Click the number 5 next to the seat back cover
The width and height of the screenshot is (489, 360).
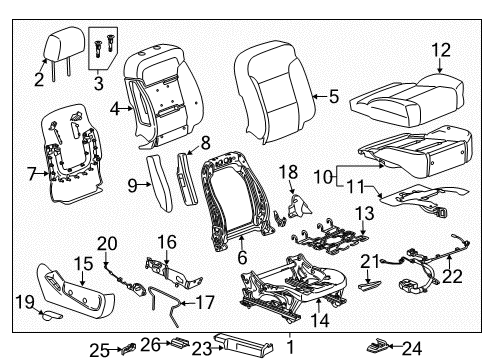(332, 98)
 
